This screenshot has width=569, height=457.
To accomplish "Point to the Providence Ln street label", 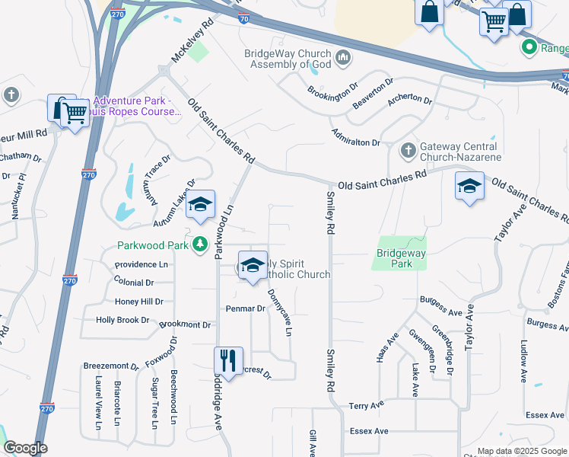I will (x=141, y=264).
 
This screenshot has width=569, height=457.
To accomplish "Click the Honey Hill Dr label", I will (x=138, y=302).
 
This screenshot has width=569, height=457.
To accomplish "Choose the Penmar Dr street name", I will (x=245, y=308).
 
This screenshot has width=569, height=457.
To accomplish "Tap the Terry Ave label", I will (x=366, y=406).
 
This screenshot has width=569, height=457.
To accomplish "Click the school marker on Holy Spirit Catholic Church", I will (x=252, y=265).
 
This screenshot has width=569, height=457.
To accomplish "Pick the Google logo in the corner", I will (x=25, y=448).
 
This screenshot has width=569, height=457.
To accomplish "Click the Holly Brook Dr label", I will (x=122, y=320).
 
